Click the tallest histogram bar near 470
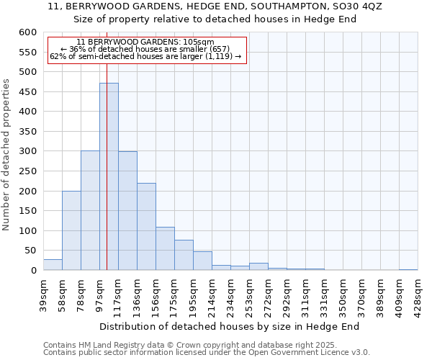109,176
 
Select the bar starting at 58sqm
71,230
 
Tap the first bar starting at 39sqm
53,264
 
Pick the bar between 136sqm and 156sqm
146,227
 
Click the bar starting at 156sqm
165,248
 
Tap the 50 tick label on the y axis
30,251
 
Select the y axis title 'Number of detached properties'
6,155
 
